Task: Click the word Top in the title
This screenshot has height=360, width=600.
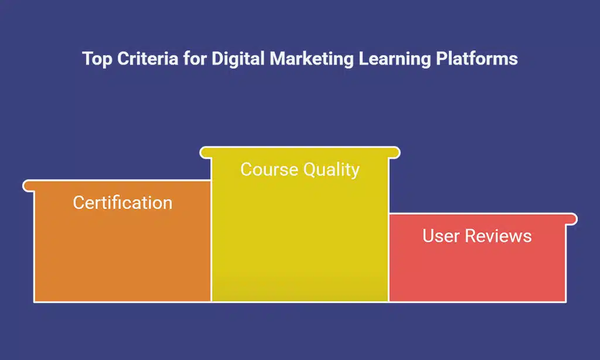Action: (x=95, y=59)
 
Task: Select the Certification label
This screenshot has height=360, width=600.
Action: (x=122, y=203)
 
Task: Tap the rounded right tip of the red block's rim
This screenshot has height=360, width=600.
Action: (x=573, y=219)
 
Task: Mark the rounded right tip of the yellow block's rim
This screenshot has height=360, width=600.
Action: (x=396, y=152)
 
